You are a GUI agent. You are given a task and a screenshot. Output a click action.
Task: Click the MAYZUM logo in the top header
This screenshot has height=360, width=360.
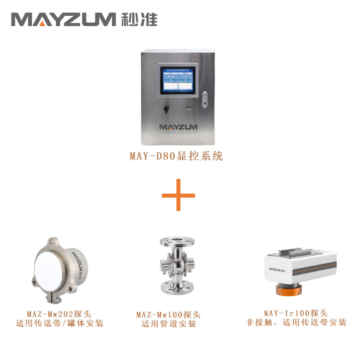coord(63,19)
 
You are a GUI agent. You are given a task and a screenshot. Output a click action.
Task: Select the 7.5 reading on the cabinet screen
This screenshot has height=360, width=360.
coord(184,77)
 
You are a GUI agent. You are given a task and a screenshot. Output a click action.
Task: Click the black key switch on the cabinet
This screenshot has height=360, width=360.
coord(166,108)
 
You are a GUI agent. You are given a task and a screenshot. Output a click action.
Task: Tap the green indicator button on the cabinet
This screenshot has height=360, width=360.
coord(189,108)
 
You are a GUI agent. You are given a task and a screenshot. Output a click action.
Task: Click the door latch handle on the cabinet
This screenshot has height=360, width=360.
coord(205,99)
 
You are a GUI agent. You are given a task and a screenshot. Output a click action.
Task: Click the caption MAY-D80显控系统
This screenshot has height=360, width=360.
coord(176,157)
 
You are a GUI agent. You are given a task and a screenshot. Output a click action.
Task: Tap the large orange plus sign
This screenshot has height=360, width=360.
coord(179,195)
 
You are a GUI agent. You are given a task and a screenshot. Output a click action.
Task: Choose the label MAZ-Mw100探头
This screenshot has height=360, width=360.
coord(168,314)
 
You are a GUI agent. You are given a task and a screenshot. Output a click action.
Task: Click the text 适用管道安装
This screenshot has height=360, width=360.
coord(168,324)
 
